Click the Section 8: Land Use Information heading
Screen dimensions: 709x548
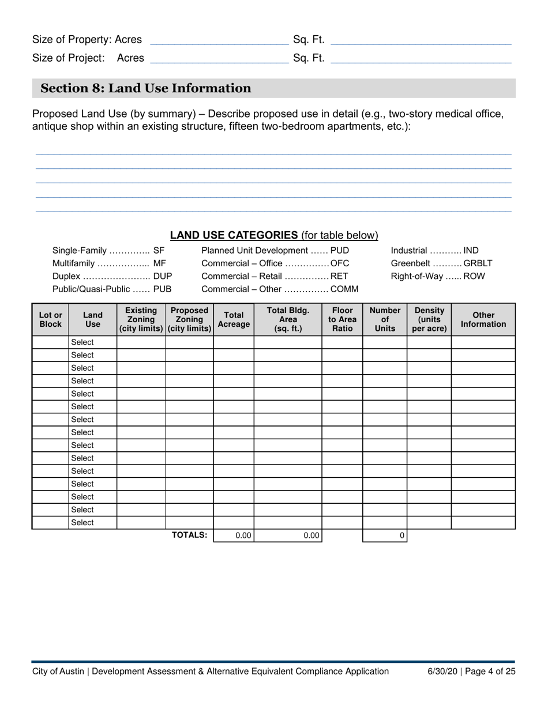pyautogui.click(x=145, y=88)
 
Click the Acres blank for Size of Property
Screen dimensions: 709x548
pyautogui.click(x=219, y=40)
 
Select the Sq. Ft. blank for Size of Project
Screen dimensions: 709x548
pyautogui.click(x=422, y=58)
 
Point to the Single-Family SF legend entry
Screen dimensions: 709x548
pyautogui.click(x=108, y=251)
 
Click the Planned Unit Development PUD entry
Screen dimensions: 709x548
pyautogui.click(x=275, y=251)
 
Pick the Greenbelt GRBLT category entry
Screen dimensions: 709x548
pyautogui.click(x=441, y=263)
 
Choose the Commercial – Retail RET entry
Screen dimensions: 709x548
pyautogui.click(x=275, y=276)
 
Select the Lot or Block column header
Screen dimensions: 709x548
pyautogui.click(x=50, y=319)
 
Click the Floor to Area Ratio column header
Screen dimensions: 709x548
pyautogui.click(x=342, y=319)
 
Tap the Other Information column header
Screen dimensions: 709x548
pyautogui.click(x=483, y=319)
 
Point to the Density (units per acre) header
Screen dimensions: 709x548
pyautogui.click(x=429, y=319)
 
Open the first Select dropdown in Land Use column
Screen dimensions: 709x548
pyautogui.click(x=92, y=342)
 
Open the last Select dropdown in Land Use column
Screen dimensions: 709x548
pyautogui.click(x=92, y=523)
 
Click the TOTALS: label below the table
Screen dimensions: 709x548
pyautogui.click(x=189, y=535)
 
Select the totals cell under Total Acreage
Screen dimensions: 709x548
pyautogui.click(x=234, y=535)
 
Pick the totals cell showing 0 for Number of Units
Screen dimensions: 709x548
pyautogui.click(x=385, y=535)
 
